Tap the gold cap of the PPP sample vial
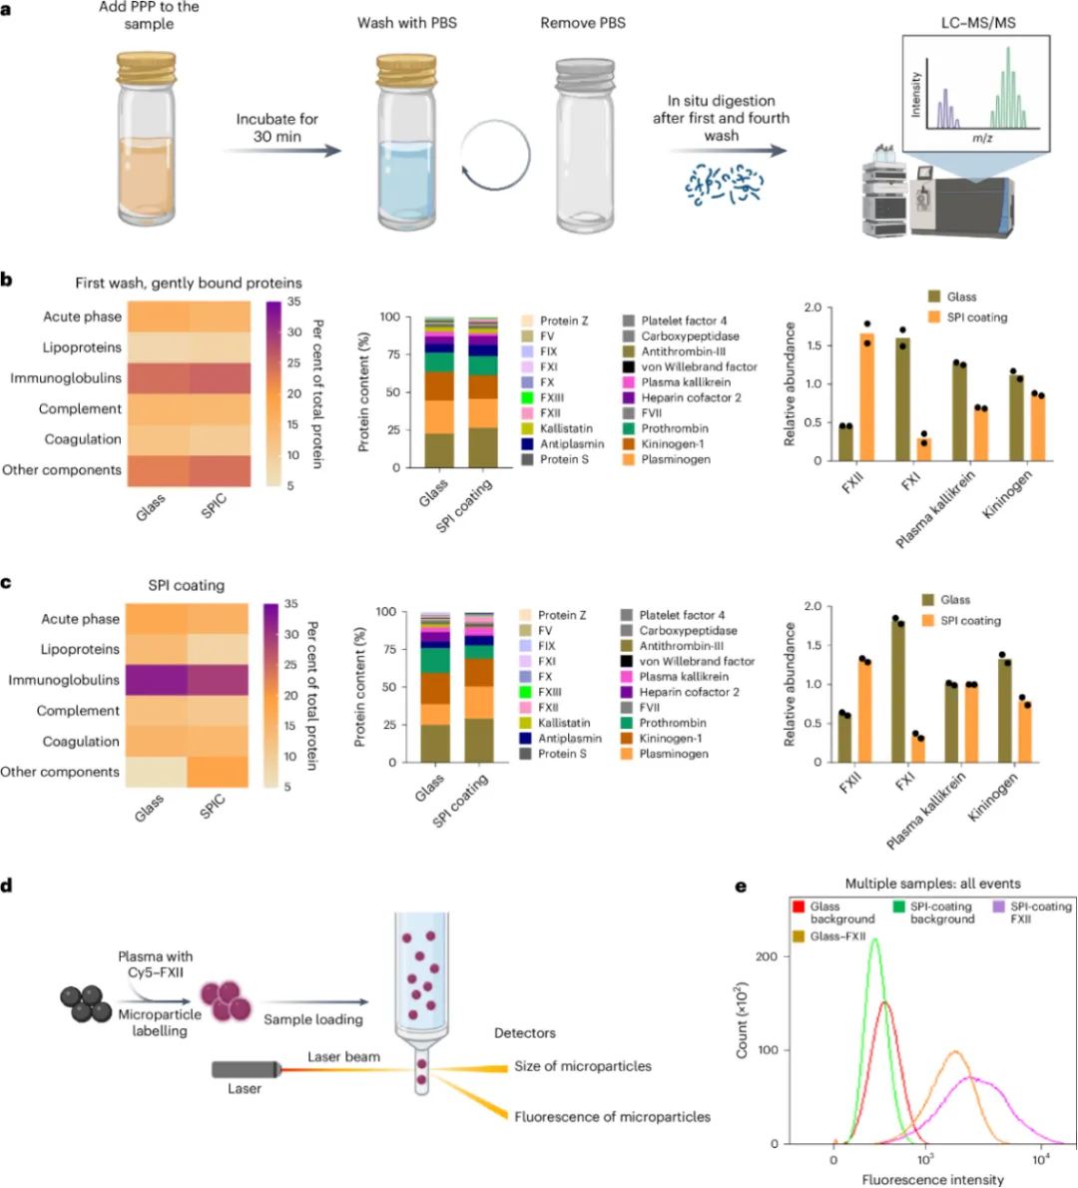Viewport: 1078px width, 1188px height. pyautogui.click(x=147, y=69)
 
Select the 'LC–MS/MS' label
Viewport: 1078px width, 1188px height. pyautogui.click(x=977, y=22)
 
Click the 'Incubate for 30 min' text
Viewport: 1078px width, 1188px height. pyautogui.click(x=276, y=127)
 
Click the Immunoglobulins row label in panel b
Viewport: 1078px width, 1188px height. pyautogui.click(x=66, y=378)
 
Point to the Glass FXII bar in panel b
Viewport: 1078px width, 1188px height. pyautogui.click(x=844, y=442)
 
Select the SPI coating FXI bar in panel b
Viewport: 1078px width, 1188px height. pyautogui.click(x=923, y=449)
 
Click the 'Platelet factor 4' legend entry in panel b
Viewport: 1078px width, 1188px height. pyautogui.click(x=684, y=320)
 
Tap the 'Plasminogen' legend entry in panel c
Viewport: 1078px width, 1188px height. pyautogui.click(x=674, y=754)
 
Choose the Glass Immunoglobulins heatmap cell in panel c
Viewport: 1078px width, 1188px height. pyautogui.click(x=156, y=680)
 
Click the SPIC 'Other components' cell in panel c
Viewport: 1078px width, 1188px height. pyautogui.click(x=218, y=772)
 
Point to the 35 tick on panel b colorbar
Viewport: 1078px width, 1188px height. pyautogui.click(x=294, y=302)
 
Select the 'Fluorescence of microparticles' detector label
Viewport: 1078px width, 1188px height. pyautogui.click(x=612, y=1116)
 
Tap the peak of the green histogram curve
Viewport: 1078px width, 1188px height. pyautogui.click(x=875, y=939)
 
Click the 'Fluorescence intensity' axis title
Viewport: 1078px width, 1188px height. pyautogui.click(x=932, y=1179)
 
